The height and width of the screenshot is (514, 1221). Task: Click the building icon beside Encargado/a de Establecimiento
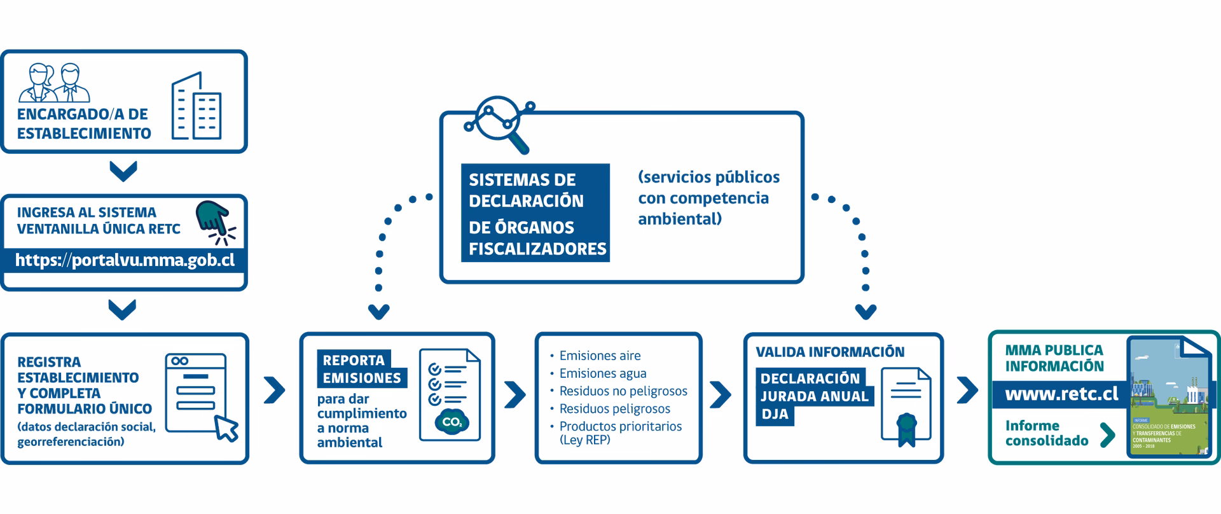[197, 107]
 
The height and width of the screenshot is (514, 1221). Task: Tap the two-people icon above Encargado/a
[55, 83]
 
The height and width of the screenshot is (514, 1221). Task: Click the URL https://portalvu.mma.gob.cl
[125, 260]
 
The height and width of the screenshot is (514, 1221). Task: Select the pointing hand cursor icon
[215, 223]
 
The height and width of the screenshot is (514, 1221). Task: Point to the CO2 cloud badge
[452, 422]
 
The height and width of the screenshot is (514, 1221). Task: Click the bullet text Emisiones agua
[602, 373]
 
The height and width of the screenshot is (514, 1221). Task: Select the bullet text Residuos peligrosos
[614, 408]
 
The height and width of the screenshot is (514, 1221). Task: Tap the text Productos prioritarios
[620, 426]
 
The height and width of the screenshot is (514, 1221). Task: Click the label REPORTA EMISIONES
[361, 369]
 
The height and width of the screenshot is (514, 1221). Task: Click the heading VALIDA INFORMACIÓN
[830, 352]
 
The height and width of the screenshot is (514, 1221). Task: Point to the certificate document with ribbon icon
[906, 405]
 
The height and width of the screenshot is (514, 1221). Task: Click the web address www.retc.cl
[1061, 394]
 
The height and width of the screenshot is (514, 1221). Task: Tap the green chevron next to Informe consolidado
[1107, 434]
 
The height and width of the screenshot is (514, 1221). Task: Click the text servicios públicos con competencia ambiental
[708, 198]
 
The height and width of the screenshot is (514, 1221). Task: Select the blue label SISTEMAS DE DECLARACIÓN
[527, 190]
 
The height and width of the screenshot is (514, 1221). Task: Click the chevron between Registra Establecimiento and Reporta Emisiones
[274, 391]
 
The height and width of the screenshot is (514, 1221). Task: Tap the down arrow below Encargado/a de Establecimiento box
[123, 171]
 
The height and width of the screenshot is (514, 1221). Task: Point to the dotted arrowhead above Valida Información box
[866, 312]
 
